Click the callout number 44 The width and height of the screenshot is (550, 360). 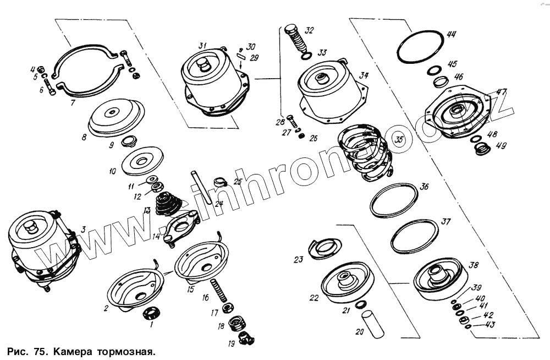pos(451,34)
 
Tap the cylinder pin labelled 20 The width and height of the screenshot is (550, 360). pos(372,324)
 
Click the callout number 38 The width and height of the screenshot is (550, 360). pos(473,265)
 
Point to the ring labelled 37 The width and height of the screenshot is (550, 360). pos(415,237)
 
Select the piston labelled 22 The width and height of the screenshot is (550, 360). pos(347,282)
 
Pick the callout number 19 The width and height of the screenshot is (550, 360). pos(232,344)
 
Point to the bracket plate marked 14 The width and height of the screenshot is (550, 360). pos(182,228)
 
